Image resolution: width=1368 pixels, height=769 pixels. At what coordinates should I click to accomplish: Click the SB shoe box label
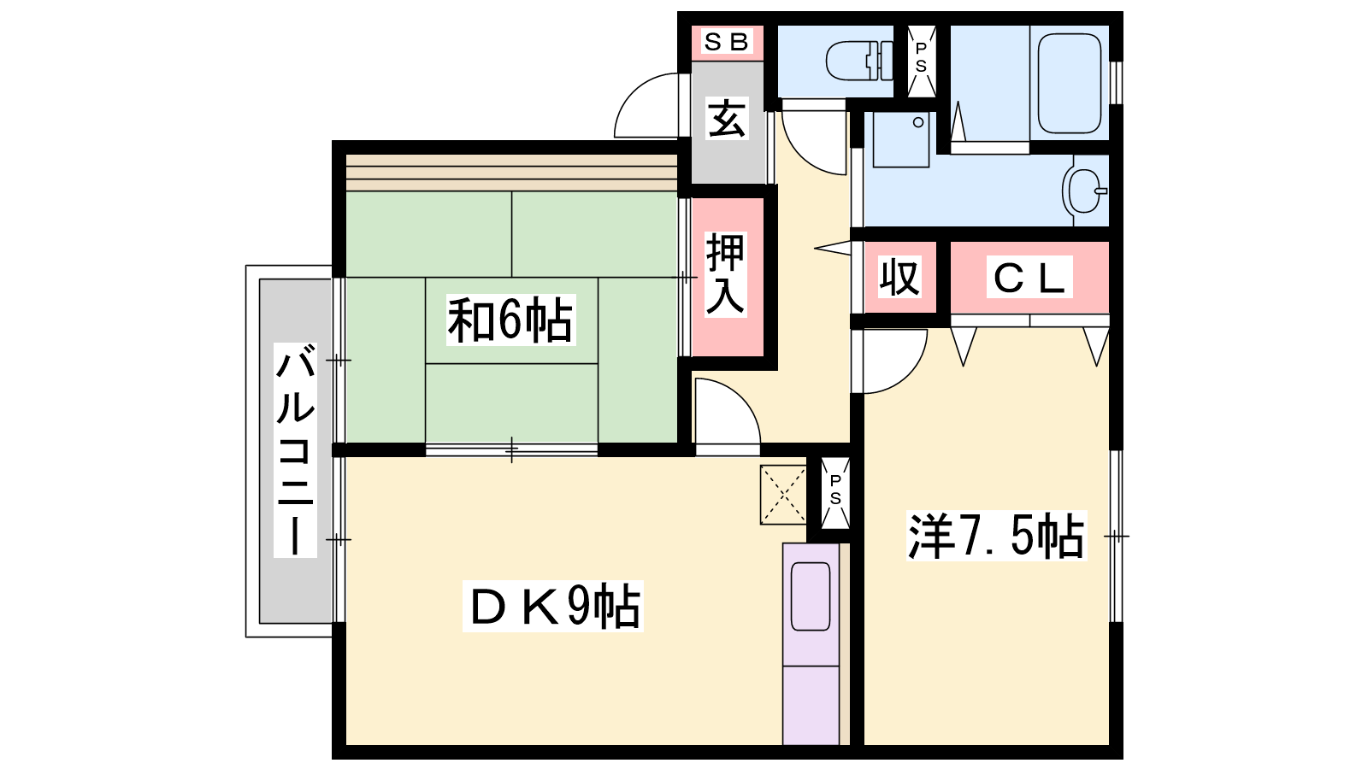[x=726, y=42]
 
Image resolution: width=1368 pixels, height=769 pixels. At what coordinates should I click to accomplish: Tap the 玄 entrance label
[x=727, y=120]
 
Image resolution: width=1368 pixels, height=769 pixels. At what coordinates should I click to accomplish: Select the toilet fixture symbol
[x=859, y=61]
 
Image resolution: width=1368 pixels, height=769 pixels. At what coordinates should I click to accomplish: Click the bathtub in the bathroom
[x=1070, y=83]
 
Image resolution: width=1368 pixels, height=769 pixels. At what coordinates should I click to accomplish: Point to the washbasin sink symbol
[x=1085, y=191]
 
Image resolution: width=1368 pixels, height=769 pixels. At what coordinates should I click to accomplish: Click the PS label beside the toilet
[x=921, y=57]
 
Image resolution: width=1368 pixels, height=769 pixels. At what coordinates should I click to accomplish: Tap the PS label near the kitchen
[x=834, y=490]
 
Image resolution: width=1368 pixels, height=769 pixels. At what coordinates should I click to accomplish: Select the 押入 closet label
[x=726, y=274]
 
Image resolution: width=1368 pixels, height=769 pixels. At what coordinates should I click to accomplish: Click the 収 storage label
[x=899, y=278]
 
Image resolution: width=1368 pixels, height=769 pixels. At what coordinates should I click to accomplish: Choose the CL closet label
[x=1029, y=278]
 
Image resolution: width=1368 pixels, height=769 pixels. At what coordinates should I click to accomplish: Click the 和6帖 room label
[x=510, y=320]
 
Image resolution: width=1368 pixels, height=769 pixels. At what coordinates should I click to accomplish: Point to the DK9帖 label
[x=553, y=606]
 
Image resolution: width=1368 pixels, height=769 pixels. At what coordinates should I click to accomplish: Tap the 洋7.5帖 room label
[x=996, y=536]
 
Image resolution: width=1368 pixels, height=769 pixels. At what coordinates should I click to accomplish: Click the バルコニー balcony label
[x=295, y=449]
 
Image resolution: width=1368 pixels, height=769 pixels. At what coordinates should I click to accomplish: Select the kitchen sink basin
[x=811, y=596]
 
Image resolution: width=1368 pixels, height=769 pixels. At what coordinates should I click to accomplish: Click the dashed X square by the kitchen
[x=783, y=495]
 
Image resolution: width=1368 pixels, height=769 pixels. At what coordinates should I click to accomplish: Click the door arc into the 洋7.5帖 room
[x=909, y=373]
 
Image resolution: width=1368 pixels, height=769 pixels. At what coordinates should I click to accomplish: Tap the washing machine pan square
[x=901, y=139]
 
